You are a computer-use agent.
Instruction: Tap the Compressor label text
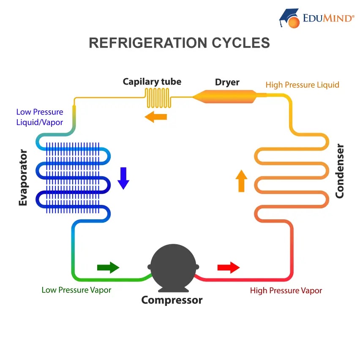[172, 300]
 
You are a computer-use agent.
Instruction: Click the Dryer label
[227, 82]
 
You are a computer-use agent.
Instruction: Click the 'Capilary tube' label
[152, 82]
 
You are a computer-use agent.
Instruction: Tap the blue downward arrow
[123, 178]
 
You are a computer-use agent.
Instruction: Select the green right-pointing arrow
[108, 267]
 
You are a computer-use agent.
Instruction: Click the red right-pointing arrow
[229, 267]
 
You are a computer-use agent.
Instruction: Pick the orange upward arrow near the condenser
[241, 181]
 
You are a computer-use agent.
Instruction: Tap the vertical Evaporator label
[23, 177]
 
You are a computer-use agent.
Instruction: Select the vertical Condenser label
[340, 171]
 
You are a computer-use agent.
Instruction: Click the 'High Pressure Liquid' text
[302, 85]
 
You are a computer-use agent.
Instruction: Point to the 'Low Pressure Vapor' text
[76, 290]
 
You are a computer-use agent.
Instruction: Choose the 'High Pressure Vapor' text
[286, 291]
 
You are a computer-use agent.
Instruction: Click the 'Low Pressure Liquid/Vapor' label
[40, 117]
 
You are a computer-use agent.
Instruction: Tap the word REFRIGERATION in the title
[145, 43]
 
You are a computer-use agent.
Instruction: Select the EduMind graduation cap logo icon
[290, 18]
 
